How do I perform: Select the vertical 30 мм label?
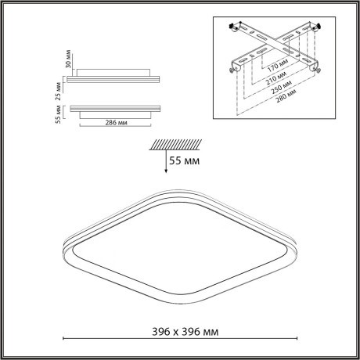[x=59, y=59]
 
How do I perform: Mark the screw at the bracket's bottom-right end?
[x=318, y=69]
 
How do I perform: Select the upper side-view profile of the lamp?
[x=115, y=76]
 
